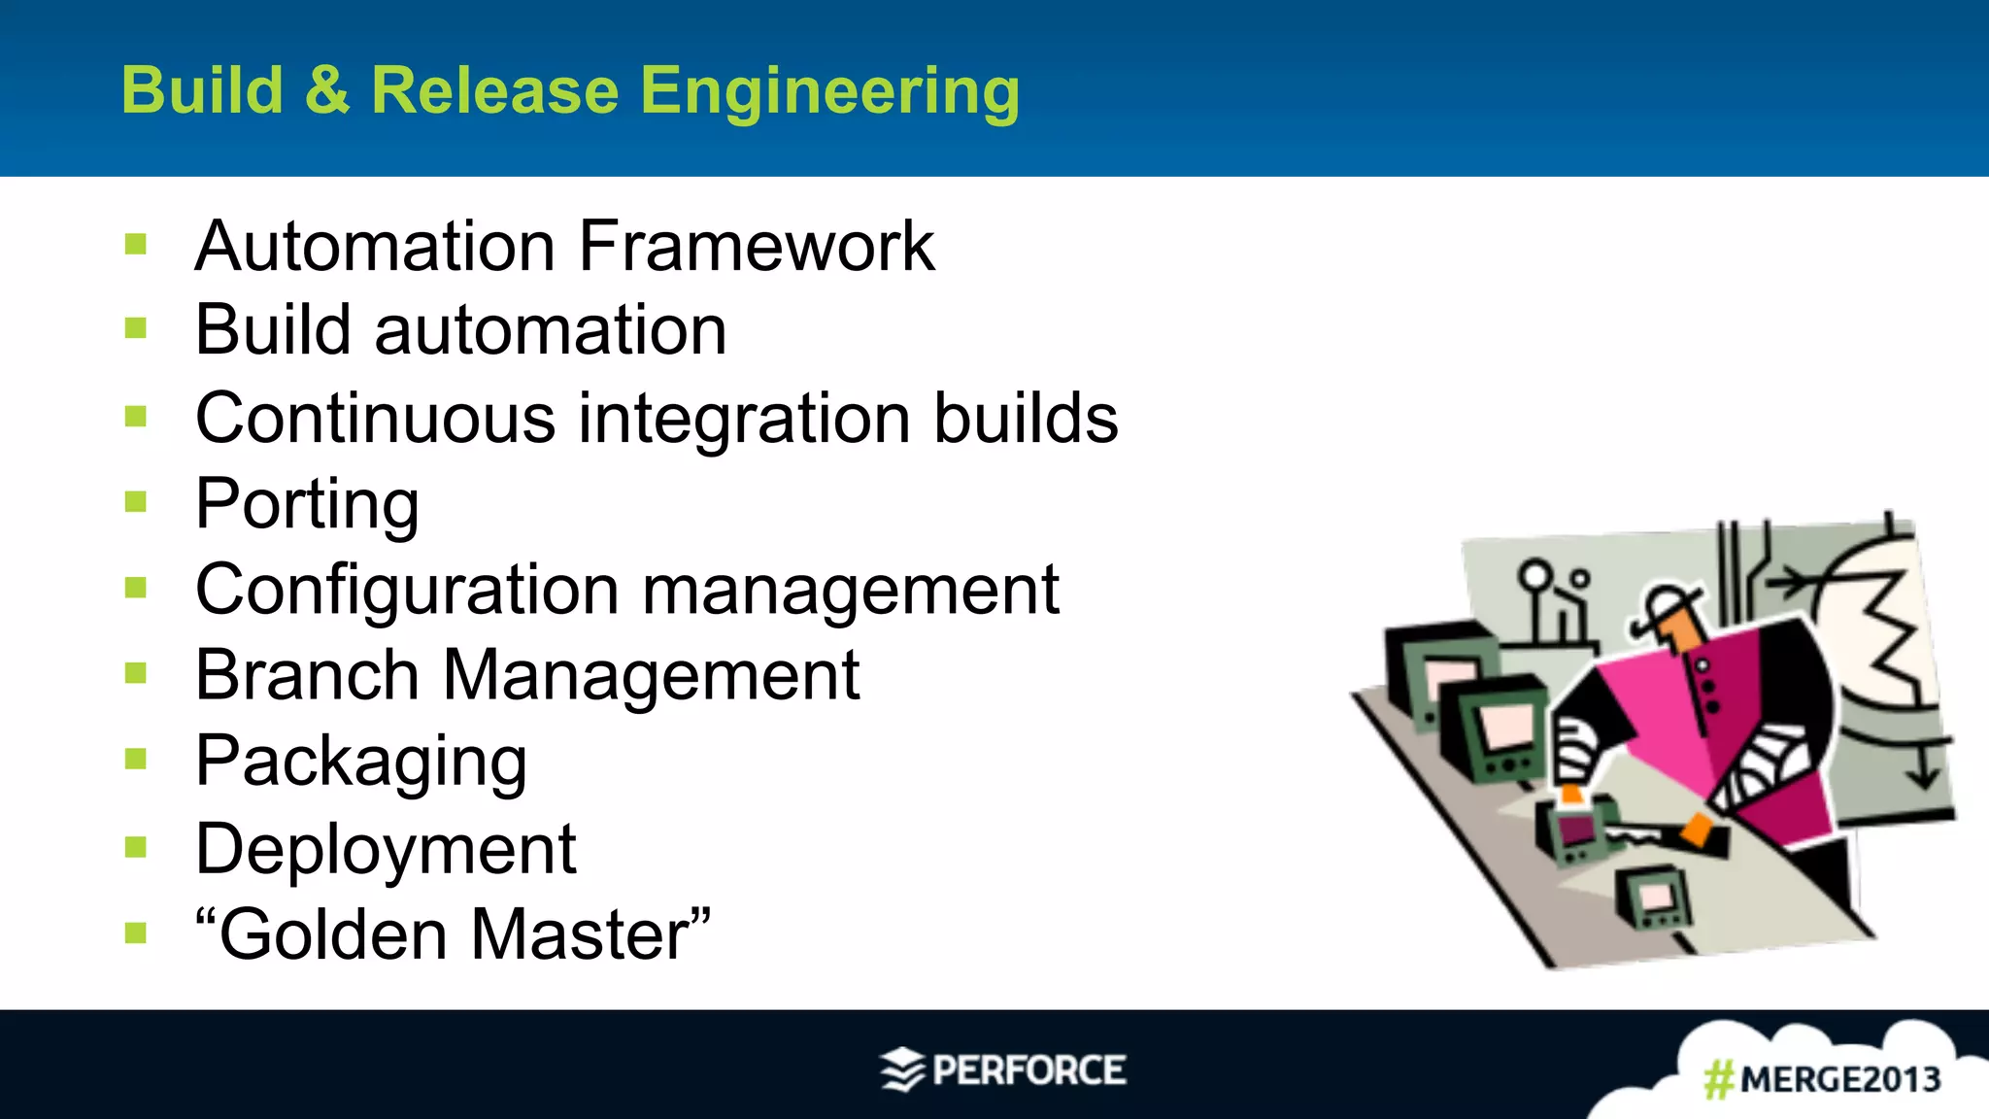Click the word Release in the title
pos(494,90)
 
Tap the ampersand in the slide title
pos(326,90)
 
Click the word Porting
pos(307,505)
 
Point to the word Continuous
pos(375,419)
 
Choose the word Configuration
pos(407,590)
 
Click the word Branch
pos(306,675)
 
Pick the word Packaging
pos(360,763)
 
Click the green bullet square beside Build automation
pos(136,330)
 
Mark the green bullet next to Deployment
pos(136,848)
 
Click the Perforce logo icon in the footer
pos(902,1069)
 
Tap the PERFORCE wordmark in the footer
pos(1028,1070)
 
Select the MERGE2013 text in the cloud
pos(1839,1079)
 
